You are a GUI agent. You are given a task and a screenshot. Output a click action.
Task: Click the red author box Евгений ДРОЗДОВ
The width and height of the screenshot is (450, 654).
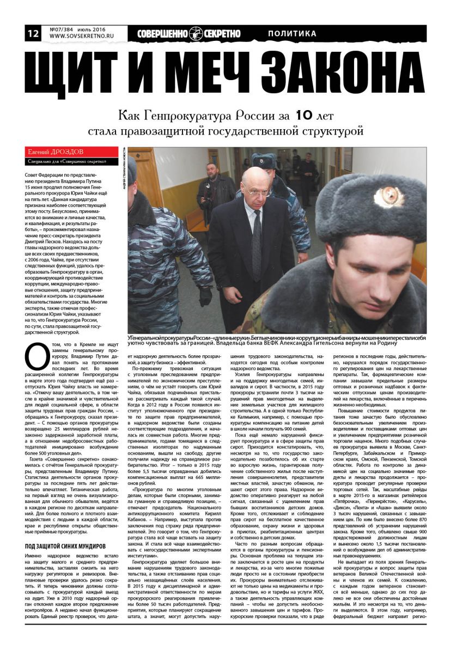[x=71, y=151]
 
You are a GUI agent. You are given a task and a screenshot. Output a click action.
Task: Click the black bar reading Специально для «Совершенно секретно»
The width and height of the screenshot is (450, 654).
[x=71, y=161]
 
